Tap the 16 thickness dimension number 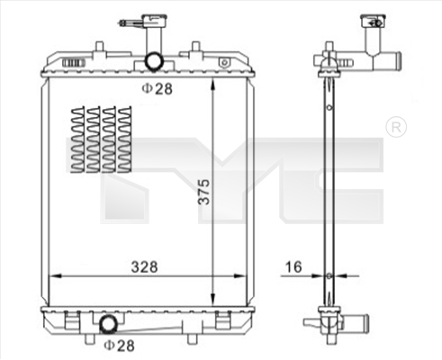[x=294, y=265]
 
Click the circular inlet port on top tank [x=154, y=62]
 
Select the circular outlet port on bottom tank [x=107, y=324]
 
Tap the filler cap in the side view [x=371, y=19]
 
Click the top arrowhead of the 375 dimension [x=212, y=83]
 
